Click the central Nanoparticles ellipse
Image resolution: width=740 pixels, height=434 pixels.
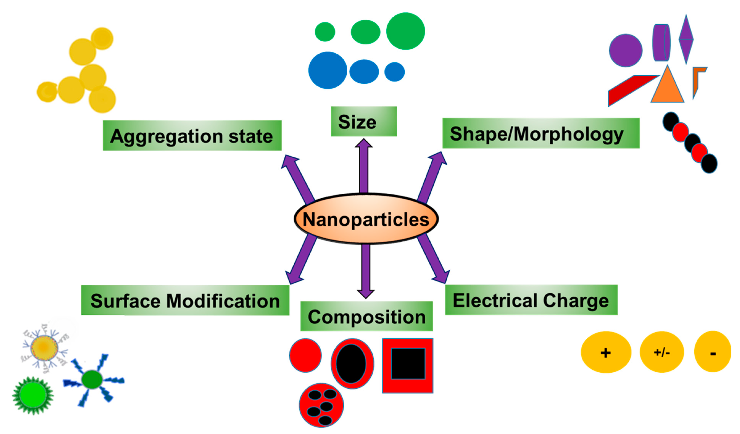click(366, 219)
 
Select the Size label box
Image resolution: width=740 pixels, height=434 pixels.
click(364, 121)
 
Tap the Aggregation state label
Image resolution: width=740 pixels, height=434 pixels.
click(192, 136)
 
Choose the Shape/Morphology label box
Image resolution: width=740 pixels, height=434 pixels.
click(541, 133)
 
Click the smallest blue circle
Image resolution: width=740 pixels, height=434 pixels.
click(394, 72)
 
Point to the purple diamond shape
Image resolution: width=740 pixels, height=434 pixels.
click(686, 39)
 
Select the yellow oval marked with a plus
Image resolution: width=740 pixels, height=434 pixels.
click(606, 352)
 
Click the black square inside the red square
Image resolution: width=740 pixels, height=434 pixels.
click(408, 364)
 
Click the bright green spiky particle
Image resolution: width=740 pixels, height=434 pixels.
click(33, 395)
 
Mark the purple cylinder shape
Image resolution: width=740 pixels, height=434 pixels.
click(661, 43)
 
